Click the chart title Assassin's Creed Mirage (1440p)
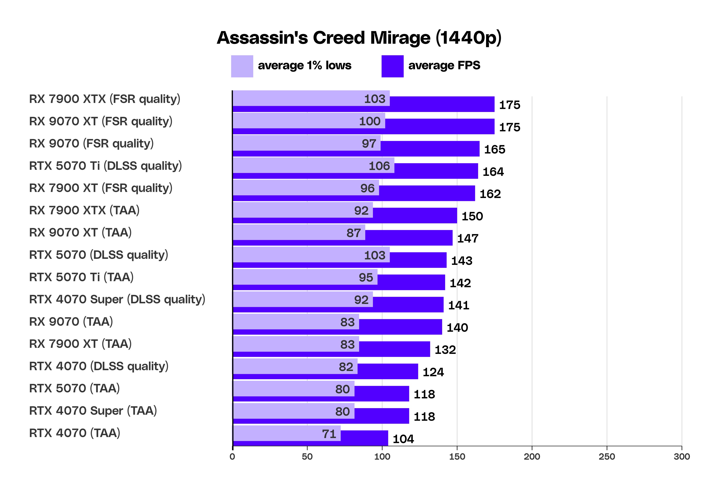(x=359, y=38)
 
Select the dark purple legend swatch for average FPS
(x=392, y=66)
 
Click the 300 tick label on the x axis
(x=682, y=457)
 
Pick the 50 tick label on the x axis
(x=307, y=457)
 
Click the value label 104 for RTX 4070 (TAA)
(x=403, y=439)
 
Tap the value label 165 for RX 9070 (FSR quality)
(x=495, y=149)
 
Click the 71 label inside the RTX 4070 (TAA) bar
(x=329, y=434)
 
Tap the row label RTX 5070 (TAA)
(x=74, y=388)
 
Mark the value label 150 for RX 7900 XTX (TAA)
(x=472, y=216)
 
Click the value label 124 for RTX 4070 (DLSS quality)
(x=433, y=372)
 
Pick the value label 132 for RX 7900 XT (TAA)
(x=445, y=350)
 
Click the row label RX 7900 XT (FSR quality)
(x=101, y=188)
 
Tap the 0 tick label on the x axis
(x=232, y=457)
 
